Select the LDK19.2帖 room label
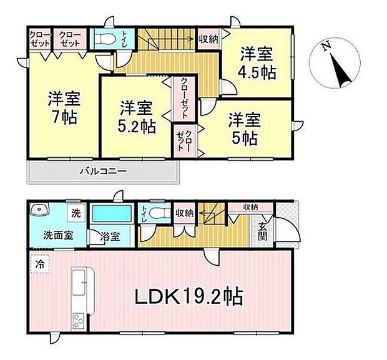(x=189, y=296)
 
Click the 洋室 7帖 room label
(x=64, y=107)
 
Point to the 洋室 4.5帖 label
(x=257, y=63)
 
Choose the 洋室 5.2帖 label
(x=136, y=117)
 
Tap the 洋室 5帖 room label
(x=245, y=129)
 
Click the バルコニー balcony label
(x=104, y=171)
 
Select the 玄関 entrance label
(x=262, y=231)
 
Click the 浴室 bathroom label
(x=110, y=236)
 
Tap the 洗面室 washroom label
(x=58, y=235)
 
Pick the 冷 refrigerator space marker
(x=40, y=264)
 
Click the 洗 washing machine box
(x=76, y=213)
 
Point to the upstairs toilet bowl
(x=105, y=39)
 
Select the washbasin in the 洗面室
(x=39, y=210)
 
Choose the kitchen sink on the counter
(x=79, y=282)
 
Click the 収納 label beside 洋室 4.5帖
(x=209, y=39)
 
